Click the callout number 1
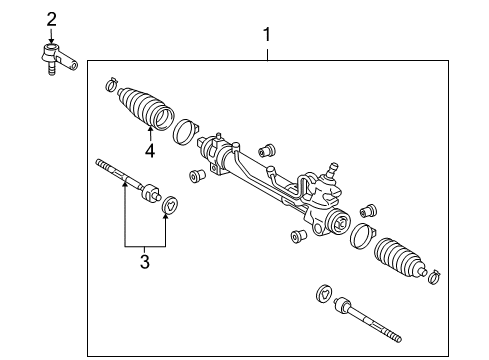click(267, 35)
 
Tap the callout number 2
click(51, 20)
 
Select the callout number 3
click(145, 262)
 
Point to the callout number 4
click(150, 151)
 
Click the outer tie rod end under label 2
click(59, 59)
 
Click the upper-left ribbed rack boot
click(146, 108)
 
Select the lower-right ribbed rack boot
click(400, 258)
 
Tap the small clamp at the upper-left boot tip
click(112, 84)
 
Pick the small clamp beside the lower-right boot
click(434, 277)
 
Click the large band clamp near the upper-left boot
click(185, 132)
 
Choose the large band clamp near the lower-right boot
click(363, 235)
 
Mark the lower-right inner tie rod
click(367, 319)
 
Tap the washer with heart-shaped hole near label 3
click(170, 204)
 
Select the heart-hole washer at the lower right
click(324, 294)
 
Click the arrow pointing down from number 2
click(51, 36)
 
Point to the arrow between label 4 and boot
click(150, 134)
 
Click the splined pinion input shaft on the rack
click(331, 170)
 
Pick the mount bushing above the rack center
click(267, 151)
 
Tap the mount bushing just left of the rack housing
click(198, 175)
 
